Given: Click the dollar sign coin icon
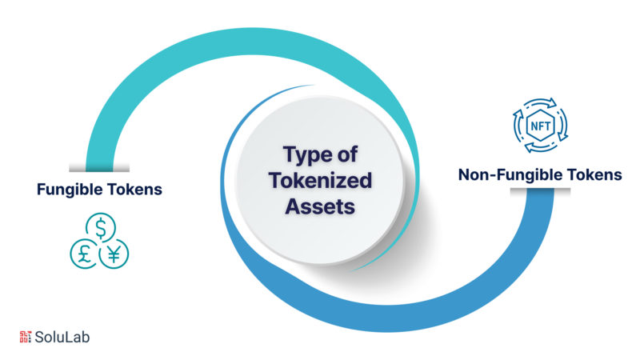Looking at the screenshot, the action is click(101, 227).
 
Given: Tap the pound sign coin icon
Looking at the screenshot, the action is click(85, 254).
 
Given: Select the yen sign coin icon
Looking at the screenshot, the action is click(114, 254).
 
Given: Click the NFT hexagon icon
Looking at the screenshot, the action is click(541, 126).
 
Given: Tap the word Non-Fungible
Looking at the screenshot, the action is click(510, 174).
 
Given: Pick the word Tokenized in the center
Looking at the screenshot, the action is click(321, 181).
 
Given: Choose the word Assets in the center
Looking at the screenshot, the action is click(320, 206).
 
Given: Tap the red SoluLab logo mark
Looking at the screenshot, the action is click(26, 337).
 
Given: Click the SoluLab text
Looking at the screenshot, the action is click(62, 337).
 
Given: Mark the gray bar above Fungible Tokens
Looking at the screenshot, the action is click(99, 168).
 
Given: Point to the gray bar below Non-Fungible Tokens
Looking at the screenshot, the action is click(540, 190).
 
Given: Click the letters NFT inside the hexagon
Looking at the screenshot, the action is click(541, 126).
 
